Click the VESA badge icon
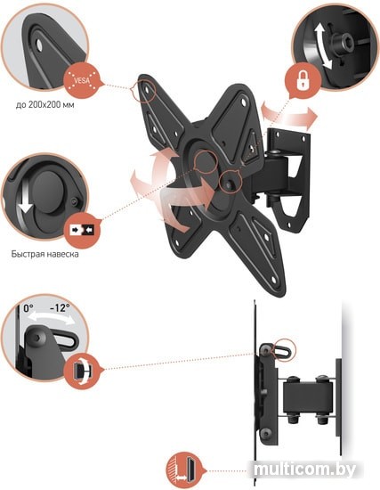(82, 81)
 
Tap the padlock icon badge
(303, 80)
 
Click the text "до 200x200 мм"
(45, 104)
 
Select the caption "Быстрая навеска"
(45, 254)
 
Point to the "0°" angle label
(28, 308)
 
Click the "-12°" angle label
(60, 308)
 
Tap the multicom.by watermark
(304, 469)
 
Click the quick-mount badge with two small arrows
(83, 231)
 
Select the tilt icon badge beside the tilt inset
(82, 372)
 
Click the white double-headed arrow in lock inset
(322, 47)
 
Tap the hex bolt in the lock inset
(343, 43)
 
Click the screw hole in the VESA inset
(39, 45)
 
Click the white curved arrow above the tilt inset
(51, 318)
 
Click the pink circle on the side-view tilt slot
(284, 350)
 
